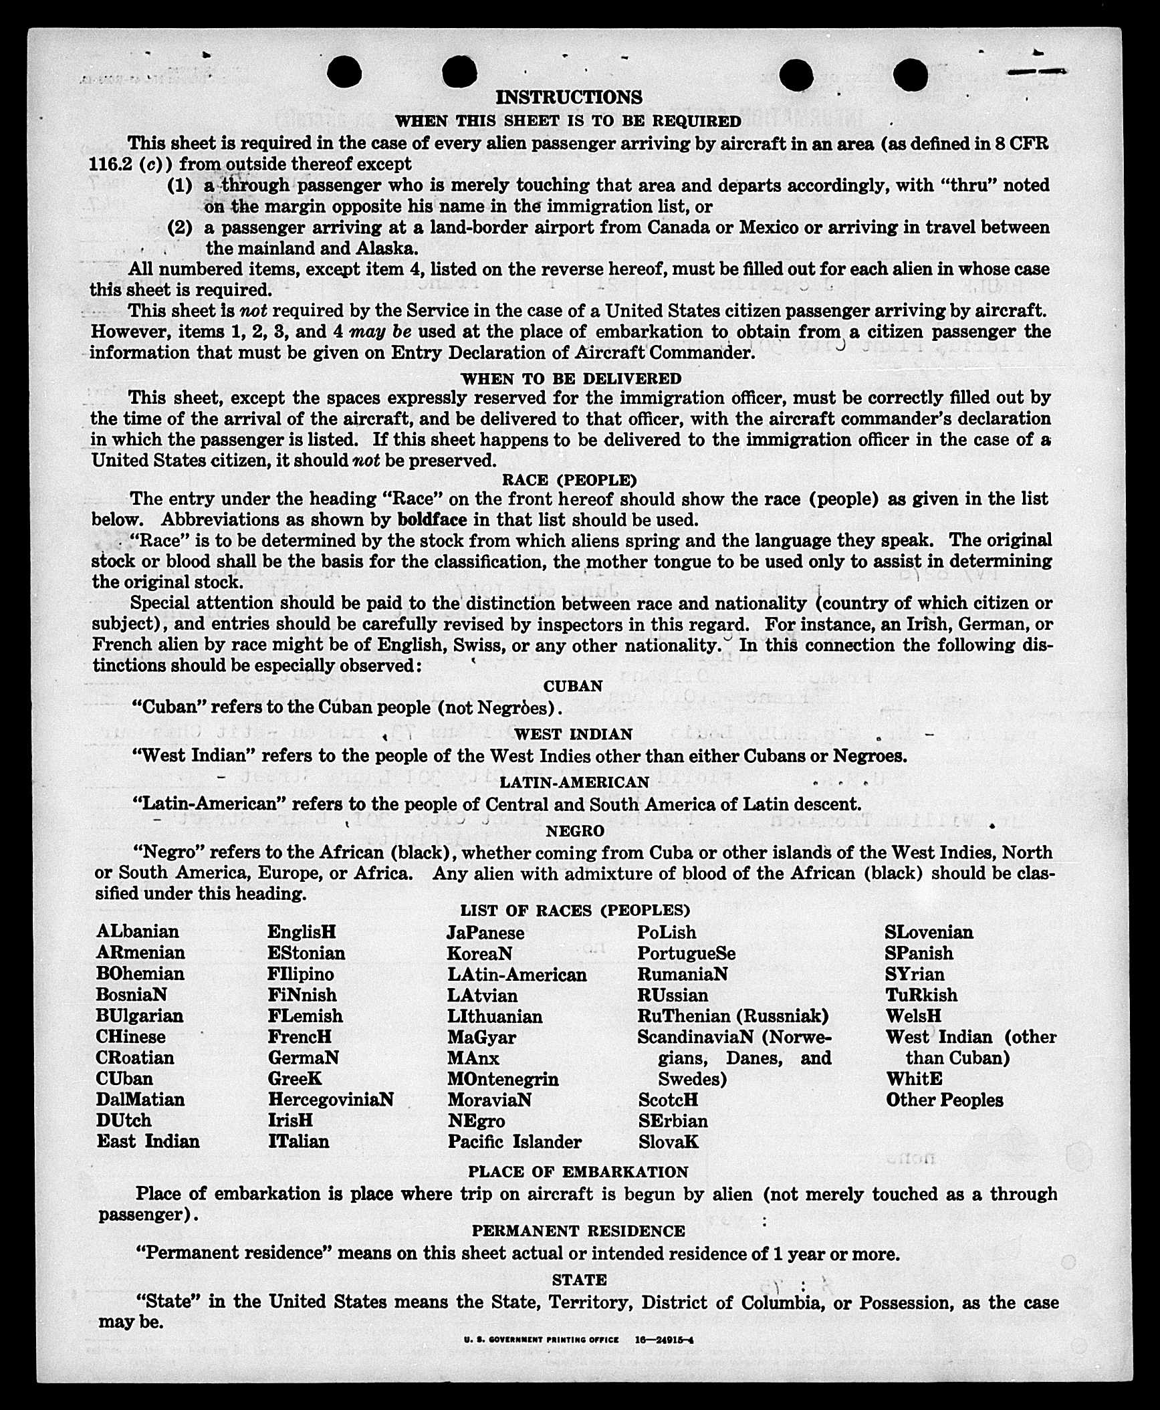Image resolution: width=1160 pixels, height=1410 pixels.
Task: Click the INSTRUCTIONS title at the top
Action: [x=568, y=98]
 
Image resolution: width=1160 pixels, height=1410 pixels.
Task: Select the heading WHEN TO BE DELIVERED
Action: [x=571, y=378]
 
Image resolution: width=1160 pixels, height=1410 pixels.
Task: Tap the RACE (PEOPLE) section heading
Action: [x=569, y=480]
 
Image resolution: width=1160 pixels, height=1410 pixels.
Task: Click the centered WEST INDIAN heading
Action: [x=573, y=734]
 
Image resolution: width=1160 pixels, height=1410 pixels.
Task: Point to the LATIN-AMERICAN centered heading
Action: [x=574, y=782]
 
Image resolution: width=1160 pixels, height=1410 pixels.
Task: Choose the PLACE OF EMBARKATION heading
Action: [x=578, y=1172]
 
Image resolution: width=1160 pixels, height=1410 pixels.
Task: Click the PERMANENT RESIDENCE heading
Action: [x=578, y=1231]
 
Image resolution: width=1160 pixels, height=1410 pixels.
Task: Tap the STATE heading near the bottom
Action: [x=579, y=1280]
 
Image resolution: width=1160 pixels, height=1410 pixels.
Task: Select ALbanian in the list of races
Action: [x=138, y=931]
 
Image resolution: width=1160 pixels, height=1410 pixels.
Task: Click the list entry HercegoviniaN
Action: [x=331, y=1099]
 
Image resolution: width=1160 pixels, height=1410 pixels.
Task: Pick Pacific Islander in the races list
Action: [x=515, y=1141]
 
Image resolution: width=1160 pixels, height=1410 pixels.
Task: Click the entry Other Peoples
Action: [x=945, y=1100]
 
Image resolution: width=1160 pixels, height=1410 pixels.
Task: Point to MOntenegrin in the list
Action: [x=503, y=1078]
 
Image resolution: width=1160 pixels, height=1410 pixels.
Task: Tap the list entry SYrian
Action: [x=915, y=973]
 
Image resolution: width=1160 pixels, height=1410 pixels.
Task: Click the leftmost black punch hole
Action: [x=345, y=72]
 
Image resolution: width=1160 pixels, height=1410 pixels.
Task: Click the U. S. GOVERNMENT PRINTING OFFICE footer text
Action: [x=541, y=1340]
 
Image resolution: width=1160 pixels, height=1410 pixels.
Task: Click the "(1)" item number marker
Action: [x=179, y=185]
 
